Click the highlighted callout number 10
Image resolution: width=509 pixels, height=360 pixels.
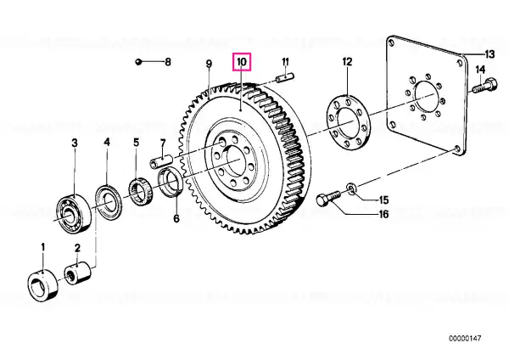[x=242, y=62]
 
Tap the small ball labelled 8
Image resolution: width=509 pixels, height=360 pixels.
[x=138, y=62]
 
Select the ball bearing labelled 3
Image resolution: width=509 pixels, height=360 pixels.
[x=74, y=212]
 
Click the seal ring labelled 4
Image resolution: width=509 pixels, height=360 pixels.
[x=109, y=202]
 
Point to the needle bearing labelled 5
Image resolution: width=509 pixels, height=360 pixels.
[x=141, y=192]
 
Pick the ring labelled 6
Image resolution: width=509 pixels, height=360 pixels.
[x=171, y=182]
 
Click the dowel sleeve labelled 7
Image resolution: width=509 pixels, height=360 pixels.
[x=160, y=161]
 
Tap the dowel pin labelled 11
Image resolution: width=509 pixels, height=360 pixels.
[x=285, y=78]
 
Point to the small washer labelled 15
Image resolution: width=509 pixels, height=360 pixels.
[x=351, y=188]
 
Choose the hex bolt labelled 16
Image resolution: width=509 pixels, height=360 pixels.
[x=329, y=199]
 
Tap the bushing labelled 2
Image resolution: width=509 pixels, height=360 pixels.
[x=78, y=273]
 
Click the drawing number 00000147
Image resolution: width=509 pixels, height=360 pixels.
[x=465, y=338]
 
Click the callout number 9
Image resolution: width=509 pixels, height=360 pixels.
[x=209, y=64]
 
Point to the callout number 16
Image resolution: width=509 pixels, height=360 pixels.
[x=383, y=214]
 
